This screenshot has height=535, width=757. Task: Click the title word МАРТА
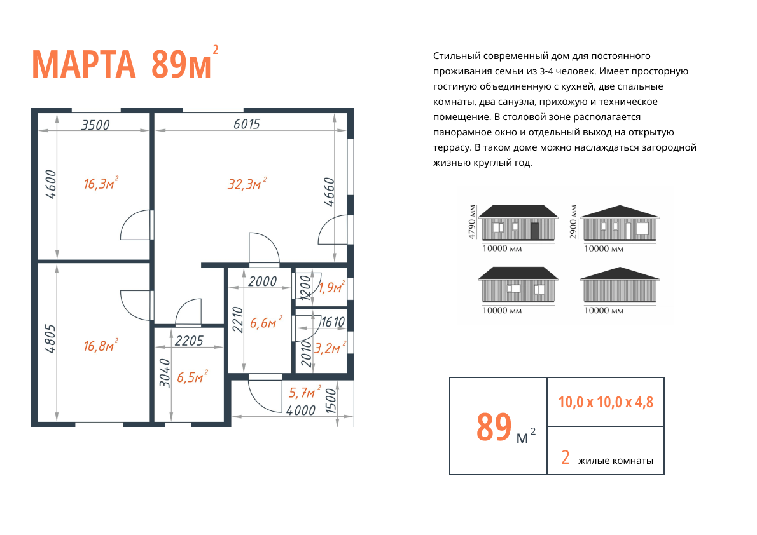click(83, 64)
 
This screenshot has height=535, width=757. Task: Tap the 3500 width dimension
click(95, 125)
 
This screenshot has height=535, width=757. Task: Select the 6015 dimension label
click(247, 124)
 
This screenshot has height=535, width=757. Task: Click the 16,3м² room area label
click(101, 183)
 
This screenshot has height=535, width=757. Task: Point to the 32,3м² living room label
click(247, 184)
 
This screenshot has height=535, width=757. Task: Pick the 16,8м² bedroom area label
click(101, 345)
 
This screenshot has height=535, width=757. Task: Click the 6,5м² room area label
click(192, 376)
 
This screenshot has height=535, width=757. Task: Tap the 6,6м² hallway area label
click(266, 322)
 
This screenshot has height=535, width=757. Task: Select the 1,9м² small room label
click(331, 287)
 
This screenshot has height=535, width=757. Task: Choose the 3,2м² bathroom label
click(330, 347)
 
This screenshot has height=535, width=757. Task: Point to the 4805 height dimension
click(50, 339)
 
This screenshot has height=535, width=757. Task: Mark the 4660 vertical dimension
click(329, 192)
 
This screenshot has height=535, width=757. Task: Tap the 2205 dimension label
click(190, 341)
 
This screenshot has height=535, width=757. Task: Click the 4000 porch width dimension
click(301, 410)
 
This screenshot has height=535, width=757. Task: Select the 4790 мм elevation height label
click(471, 222)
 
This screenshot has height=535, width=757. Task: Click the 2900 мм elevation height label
click(573, 222)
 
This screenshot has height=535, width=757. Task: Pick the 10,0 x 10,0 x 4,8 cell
click(606, 402)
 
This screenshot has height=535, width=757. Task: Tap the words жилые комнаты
click(616, 461)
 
